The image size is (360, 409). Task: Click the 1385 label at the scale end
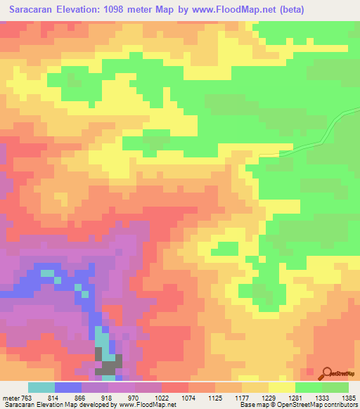[x=348, y=398]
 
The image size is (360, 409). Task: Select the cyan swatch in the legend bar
[x=41, y=387]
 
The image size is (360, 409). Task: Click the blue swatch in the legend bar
[x=68, y=387]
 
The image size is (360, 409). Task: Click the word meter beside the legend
[x=10, y=398]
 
